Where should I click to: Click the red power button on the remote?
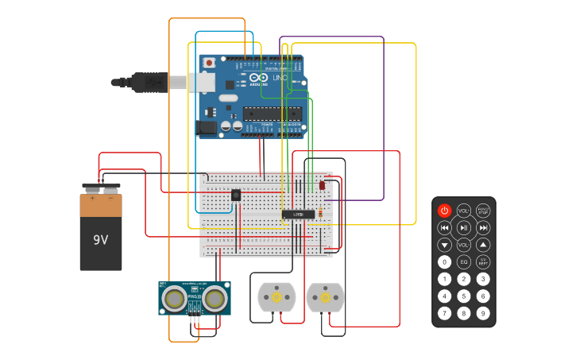pos(444,211)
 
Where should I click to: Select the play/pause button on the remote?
pos(464,228)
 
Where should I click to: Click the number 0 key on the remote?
pos(444,261)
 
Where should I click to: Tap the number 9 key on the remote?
pos(483,314)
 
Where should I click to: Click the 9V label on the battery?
pos(101,239)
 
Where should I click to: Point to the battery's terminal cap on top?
pos(101,188)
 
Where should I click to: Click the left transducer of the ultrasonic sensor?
pos(175,299)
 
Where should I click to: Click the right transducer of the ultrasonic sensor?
pos(214,299)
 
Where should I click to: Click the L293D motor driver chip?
pos(298,215)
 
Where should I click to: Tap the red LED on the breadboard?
pos(322,185)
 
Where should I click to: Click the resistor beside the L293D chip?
pos(320,212)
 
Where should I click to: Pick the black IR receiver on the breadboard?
pos(236,195)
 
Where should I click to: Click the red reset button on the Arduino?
pos(209,63)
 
